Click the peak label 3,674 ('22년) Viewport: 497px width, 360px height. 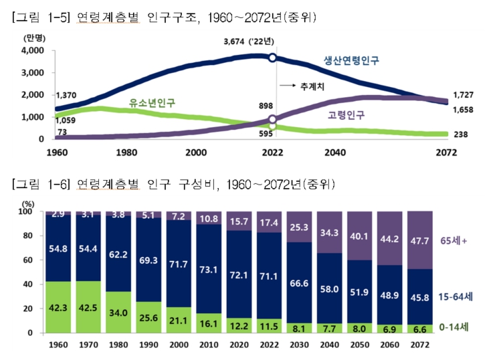pos(249,41)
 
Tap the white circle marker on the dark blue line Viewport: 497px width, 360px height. pos(272,58)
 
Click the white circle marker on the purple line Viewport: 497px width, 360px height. pos(272,120)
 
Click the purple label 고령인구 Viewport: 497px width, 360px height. pos(346,115)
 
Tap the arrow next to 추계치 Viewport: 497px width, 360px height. pos(287,86)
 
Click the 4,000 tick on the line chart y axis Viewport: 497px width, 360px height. pos(32,51)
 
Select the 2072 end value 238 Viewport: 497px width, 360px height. pos(460,134)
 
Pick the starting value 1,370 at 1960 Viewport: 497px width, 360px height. pos(67,96)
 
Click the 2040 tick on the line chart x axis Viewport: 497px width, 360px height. pos(334,153)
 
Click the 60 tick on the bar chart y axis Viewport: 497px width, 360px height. pos(28,260)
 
